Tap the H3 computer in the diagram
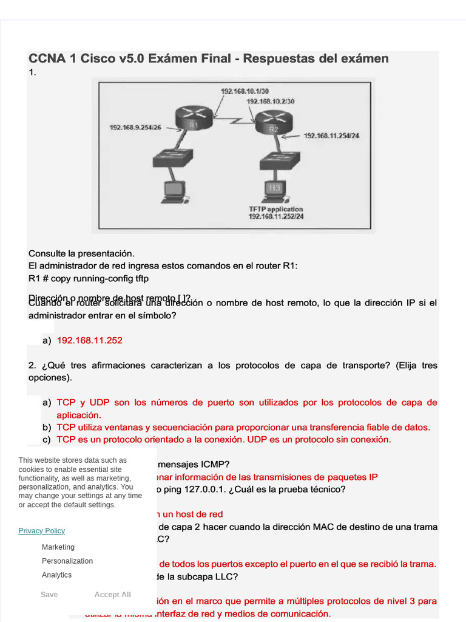pos(275,190)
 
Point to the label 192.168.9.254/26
pos(135,128)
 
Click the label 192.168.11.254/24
pos(331,135)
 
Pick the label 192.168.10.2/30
pos(271,101)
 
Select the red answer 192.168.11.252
pos(89,340)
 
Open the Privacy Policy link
pos(41,530)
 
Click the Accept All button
pos(112,595)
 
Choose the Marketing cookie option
pos(58,547)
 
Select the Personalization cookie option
pos(67,561)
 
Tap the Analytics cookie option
pos(56,575)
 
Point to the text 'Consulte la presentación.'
pos(81,253)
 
